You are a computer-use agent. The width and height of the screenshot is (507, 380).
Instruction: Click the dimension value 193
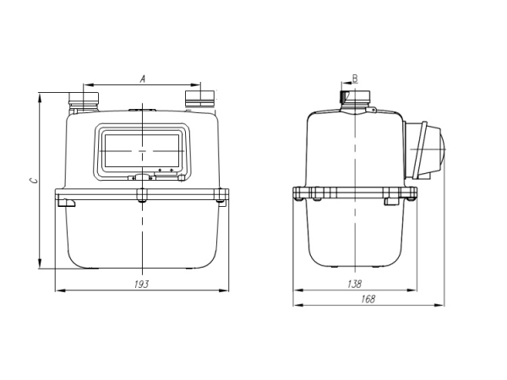141,285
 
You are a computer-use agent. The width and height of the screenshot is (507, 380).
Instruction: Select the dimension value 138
355,285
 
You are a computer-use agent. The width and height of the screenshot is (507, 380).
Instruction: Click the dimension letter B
355,78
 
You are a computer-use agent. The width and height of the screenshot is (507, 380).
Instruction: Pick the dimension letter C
32,181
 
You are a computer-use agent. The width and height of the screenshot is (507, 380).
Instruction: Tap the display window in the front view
141,150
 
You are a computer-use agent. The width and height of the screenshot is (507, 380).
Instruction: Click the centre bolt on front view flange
142,197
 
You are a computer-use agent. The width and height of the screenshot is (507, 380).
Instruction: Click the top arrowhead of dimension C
40,96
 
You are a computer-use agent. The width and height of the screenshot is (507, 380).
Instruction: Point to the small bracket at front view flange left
65,202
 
